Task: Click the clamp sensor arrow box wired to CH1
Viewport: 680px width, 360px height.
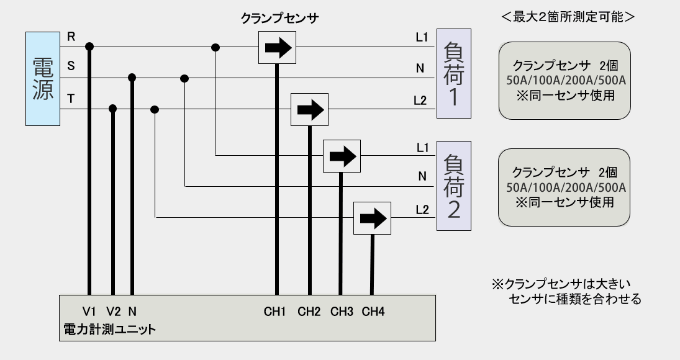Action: coord(276,47)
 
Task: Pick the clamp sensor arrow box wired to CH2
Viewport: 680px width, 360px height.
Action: coord(310,110)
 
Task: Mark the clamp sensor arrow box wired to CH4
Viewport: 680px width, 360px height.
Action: coord(372,218)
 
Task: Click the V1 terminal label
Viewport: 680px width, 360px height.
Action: coord(89,311)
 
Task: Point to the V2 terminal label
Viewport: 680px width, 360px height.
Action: coord(112,311)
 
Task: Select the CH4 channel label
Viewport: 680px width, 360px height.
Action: coord(373,311)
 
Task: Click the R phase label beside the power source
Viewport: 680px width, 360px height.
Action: coord(71,37)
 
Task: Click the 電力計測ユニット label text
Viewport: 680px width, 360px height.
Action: coord(109,329)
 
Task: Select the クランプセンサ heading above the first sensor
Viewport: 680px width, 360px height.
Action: coord(279,18)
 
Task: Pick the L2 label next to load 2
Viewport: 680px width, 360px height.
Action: coord(422,210)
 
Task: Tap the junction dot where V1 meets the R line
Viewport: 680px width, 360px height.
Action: coord(89,47)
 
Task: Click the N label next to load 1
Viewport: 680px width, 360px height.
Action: coord(422,69)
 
